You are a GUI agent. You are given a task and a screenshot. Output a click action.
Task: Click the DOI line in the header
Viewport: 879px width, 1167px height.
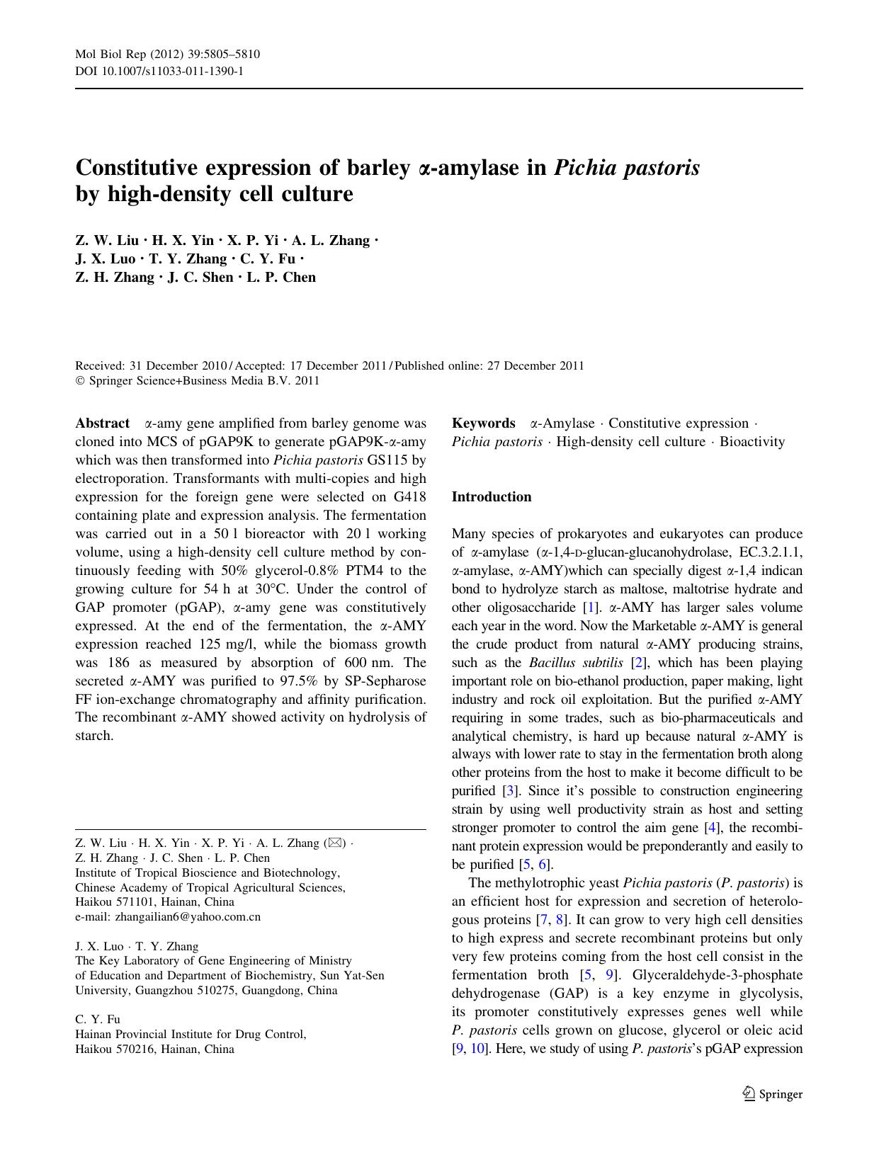coord(159,71)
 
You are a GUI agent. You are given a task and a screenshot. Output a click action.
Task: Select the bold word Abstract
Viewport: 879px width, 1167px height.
coord(102,423)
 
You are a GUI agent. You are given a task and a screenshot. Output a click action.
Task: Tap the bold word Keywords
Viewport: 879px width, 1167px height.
coord(483,423)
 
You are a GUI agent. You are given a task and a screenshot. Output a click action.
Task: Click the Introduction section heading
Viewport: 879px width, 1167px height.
coord(491,497)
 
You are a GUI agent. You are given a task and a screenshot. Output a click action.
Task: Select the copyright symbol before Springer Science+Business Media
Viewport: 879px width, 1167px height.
coord(79,381)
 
